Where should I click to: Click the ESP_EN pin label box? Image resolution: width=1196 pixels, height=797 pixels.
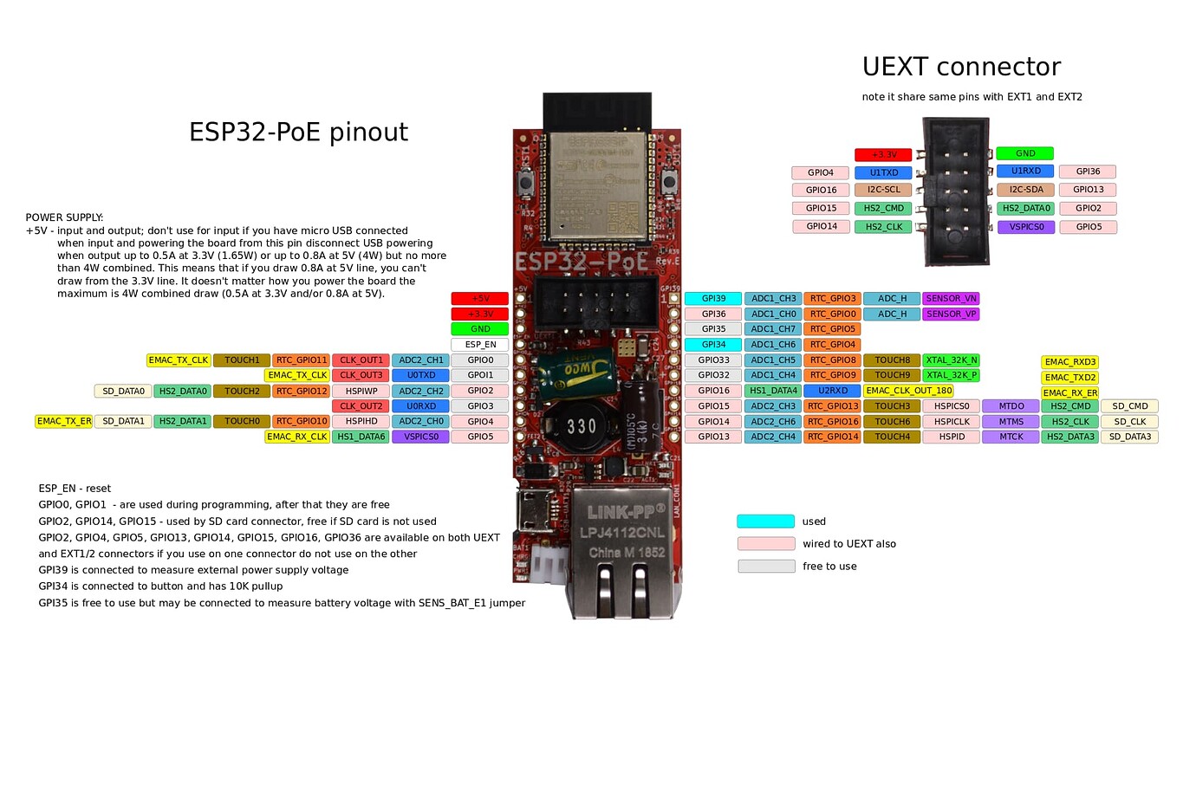tap(480, 345)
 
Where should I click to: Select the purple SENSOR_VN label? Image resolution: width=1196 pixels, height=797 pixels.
tap(951, 299)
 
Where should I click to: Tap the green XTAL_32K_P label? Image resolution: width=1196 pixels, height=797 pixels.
tap(951, 375)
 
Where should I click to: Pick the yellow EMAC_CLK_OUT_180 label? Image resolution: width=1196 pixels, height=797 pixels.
tap(908, 391)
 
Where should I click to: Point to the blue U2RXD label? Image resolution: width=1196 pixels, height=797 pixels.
tap(832, 391)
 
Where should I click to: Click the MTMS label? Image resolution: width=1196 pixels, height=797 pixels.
tap(1011, 422)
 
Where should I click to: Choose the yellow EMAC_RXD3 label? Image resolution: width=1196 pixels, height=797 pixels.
tap(1069, 362)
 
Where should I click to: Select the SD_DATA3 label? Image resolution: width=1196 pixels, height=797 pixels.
tap(1129, 437)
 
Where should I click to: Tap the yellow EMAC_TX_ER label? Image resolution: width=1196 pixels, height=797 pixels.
tap(64, 422)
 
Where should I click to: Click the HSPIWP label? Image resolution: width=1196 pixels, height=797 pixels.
tap(361, 392)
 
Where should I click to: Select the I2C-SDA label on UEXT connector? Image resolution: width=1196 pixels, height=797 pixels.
tap(1025, 190)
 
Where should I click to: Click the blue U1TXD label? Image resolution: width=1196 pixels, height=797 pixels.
tap(883, 172)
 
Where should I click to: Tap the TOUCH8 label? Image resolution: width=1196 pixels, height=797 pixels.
tap(892, 360)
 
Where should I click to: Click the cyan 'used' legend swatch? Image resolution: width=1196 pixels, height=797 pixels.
tap(765, 522)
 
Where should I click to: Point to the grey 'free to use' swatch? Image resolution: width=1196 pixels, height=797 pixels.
tap(766, 567)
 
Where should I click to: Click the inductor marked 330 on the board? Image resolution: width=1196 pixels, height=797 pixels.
tap(581, 426)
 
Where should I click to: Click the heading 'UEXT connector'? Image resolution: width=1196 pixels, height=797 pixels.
tap(961, 67)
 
